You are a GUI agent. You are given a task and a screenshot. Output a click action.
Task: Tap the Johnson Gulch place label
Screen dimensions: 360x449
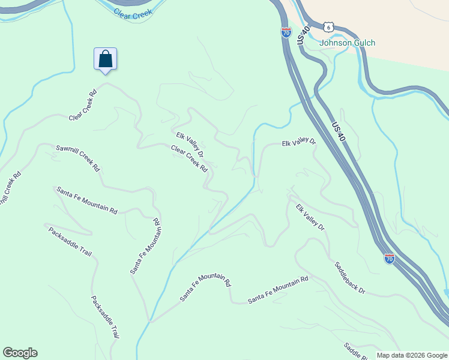tap(347, 43)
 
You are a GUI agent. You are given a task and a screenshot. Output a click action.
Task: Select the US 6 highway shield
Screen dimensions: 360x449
tap(327, 27)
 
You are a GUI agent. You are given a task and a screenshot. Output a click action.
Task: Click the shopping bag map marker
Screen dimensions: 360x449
tap(105, 59)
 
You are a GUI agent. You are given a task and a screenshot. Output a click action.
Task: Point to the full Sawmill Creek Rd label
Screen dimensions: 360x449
tap(77, 158)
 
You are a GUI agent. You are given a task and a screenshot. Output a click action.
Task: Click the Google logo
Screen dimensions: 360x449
tap(20, 353)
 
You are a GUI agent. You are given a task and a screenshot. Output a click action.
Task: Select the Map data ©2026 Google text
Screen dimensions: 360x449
tap(412, 355)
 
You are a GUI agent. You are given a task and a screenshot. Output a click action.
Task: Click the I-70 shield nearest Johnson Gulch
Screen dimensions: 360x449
tap(286, 32)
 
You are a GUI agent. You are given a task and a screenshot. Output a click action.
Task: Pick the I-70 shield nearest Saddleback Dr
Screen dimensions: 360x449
tap(390, 259)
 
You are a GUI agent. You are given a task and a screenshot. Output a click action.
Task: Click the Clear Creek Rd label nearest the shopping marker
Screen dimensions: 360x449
tap(83, 105)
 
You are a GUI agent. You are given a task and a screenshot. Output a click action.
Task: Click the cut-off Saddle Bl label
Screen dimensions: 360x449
tap(355, 351)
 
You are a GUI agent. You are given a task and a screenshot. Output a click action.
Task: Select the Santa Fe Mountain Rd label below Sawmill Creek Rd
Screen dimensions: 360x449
tap(86, 200)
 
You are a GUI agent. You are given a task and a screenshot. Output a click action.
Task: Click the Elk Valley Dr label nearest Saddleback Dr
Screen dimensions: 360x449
tap(310, 218)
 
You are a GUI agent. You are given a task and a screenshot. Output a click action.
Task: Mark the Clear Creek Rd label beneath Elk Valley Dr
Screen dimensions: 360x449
tap(189, 158)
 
